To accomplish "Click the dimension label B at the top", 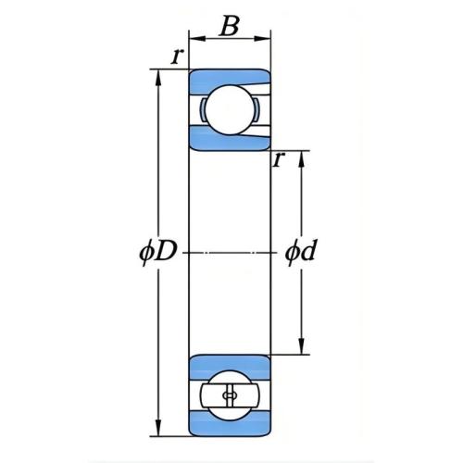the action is pyautogui.click(x=229, y=26).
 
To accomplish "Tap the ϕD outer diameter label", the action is pyautogui.click(x=157, y=253).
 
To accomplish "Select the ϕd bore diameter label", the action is pyautogui.click(x=300, y=252).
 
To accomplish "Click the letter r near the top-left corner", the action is pyautogui.click(x=177, y=56).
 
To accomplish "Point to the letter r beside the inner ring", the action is pyautogui.click(x=278, y=159).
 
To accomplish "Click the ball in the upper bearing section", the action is pyautogui.click(x=230, y=109).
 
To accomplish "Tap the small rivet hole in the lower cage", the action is pyautogui.click(x=230, y=395).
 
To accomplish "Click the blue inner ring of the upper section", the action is pyautogui.click(x=229, y=140).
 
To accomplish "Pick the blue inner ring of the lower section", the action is pyautogui.click(x=229, y=368).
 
